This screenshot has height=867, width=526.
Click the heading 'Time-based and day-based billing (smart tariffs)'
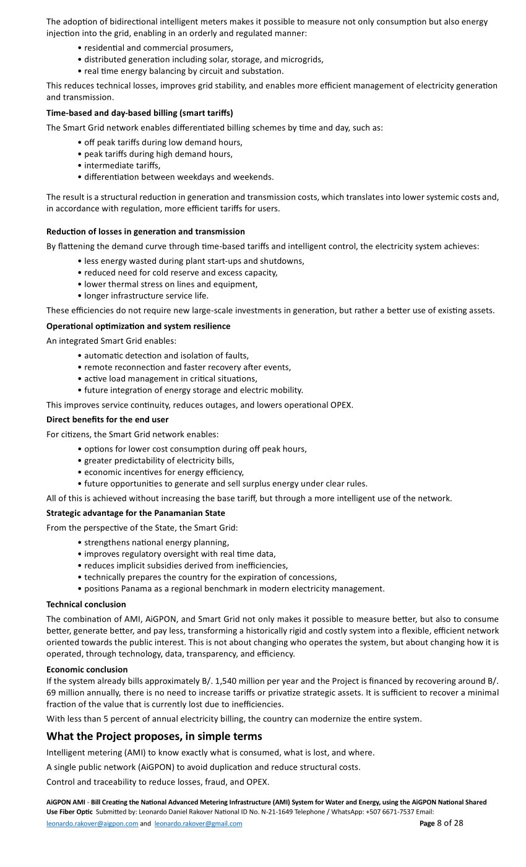[139, 113]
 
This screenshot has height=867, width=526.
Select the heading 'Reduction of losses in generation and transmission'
[145, 232]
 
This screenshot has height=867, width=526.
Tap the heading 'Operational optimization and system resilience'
[138, 326]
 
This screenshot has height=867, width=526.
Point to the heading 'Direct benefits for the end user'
[107, 420]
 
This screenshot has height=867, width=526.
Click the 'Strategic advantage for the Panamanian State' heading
[136, 513]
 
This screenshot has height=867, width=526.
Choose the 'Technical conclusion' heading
[86, 604]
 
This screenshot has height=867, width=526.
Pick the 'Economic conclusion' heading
[87, 669]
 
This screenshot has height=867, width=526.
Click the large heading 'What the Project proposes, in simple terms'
[154, 736]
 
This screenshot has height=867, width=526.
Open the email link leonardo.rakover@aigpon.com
[92, 824]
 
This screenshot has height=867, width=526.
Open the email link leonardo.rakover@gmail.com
[198, 824]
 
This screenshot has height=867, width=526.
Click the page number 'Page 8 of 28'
[441, 823]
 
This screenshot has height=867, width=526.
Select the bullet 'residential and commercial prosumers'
[158, 48]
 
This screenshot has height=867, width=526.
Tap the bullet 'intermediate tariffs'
[122, 165]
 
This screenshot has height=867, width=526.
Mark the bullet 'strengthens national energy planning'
[157, 542]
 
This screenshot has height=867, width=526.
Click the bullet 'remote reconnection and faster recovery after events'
[188, 367]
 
